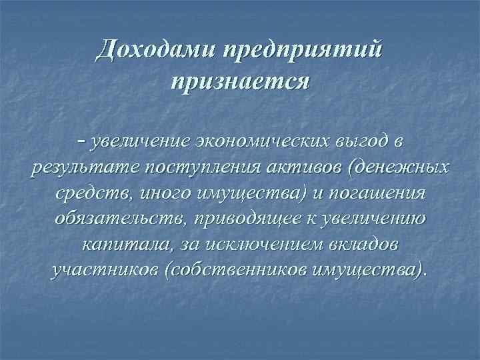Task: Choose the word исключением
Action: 262,245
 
